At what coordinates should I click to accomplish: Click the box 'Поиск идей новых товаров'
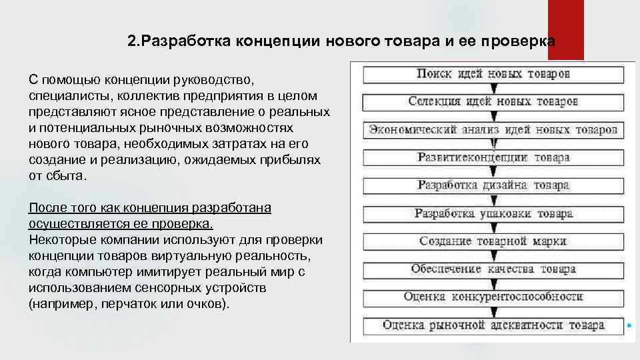tap(493, 73)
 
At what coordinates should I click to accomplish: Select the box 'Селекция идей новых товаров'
tap(493, 101)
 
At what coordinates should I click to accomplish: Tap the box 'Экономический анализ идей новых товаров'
tap(493, 129)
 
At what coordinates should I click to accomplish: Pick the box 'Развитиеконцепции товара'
tap(493, 157)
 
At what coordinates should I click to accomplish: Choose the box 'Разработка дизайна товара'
tap(493, 185)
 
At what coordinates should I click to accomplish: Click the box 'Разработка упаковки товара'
tap(493, 213)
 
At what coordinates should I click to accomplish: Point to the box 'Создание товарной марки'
tap(493, 241)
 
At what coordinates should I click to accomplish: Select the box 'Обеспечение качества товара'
tap(493, 269)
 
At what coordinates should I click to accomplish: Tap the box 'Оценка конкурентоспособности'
tap(493, 297)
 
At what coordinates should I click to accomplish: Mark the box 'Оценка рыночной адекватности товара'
tap(493, 325)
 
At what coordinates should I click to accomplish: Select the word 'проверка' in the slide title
tap(524, 41)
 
